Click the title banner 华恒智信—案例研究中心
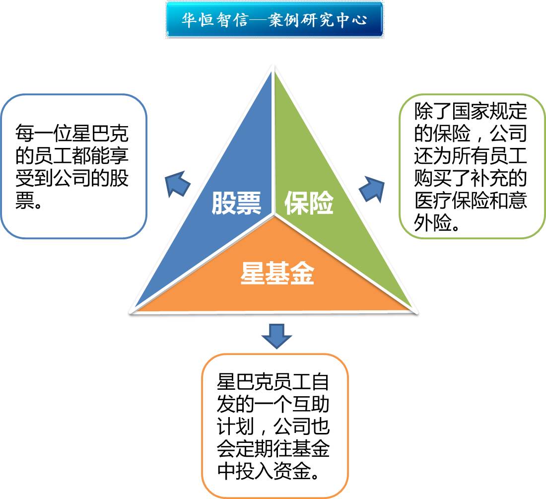pos(274,20)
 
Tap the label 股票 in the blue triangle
pos(236,203)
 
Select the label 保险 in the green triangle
pos(309,203)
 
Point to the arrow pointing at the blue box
pos(178,184)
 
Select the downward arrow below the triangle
pos(276,336)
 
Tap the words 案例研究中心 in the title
pos(317,20)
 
